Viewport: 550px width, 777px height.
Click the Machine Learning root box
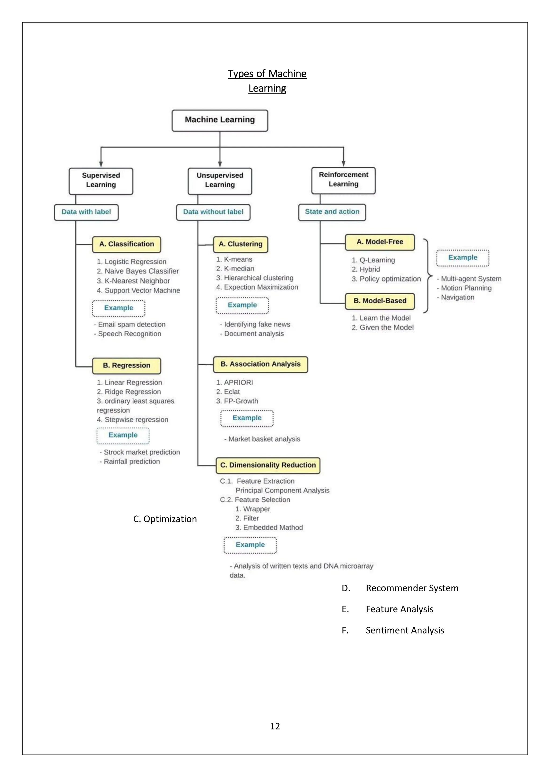tap(220, 120)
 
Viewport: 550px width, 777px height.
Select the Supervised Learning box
tap(101, 181)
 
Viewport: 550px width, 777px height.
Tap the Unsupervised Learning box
tap(220, 181)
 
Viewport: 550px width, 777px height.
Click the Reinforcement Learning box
tap(343, 180)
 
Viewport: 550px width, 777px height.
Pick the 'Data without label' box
tap(213, 212)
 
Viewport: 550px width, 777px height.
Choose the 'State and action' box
tap(332, 212)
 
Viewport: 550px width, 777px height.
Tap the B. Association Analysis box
tap(260, 364)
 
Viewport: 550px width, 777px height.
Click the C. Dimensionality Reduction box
tap(268, 465)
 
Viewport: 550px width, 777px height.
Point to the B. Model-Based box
tap(380, 301)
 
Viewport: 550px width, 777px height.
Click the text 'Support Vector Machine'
tap(142, 290)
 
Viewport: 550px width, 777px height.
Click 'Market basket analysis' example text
tap(264, 439)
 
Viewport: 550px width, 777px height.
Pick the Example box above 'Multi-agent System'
tap(463, 258)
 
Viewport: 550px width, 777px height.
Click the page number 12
tap(275, 726)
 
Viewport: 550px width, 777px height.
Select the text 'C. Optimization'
tap(165, 519)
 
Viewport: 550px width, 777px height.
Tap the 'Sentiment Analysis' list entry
tap(405, 630)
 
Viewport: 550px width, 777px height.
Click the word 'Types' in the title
tap(240, 74)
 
